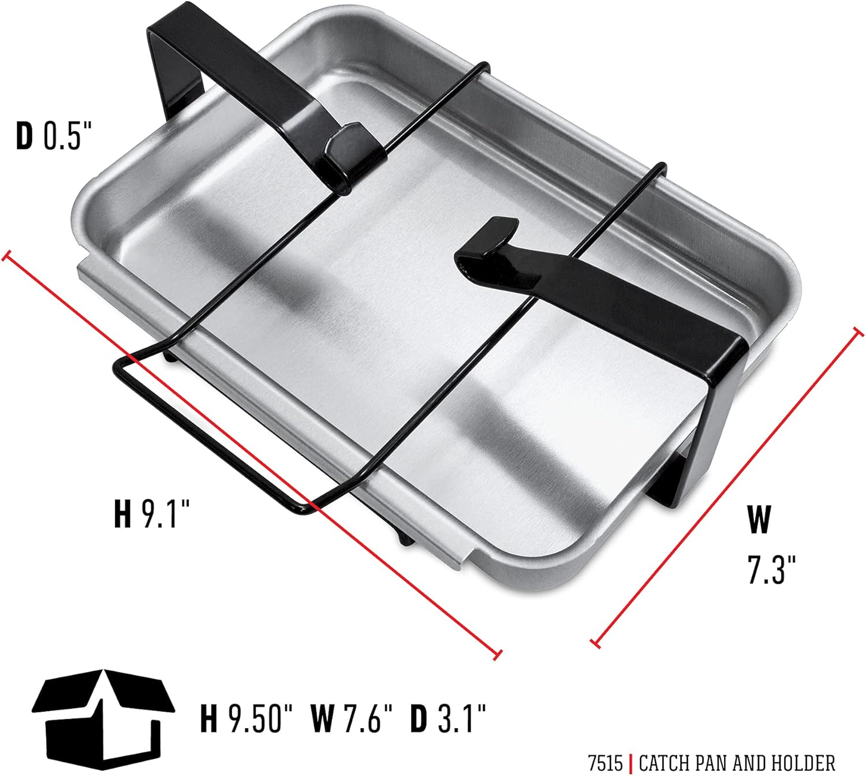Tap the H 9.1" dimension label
click(x=152, y=513)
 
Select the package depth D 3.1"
click(x=448, y=718)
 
